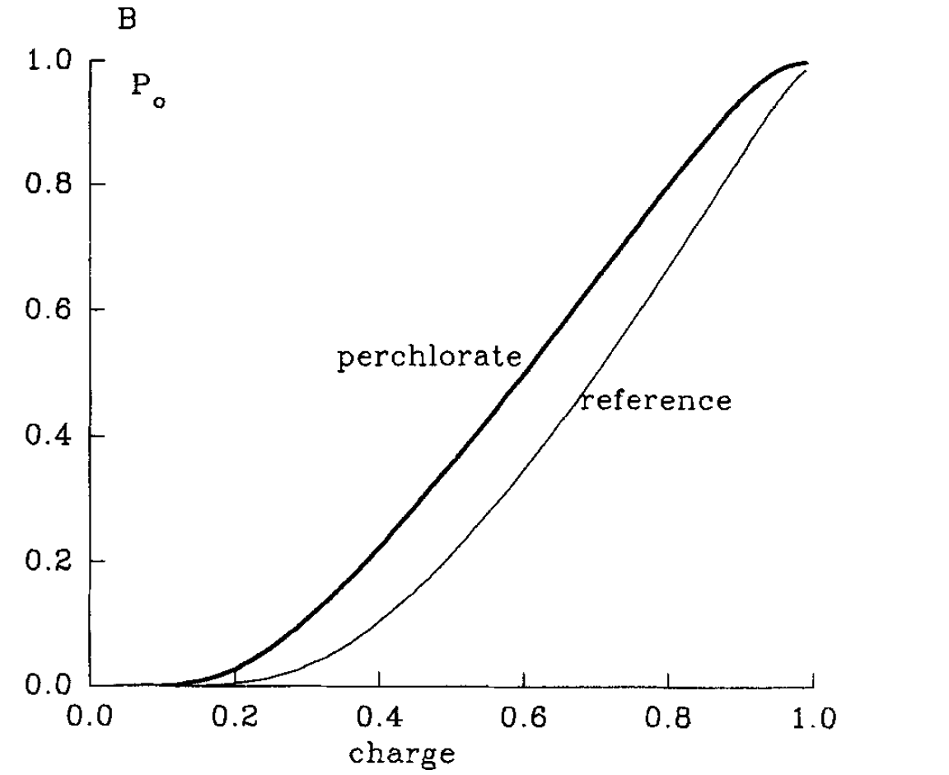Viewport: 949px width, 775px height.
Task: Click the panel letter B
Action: (x=127, y=19)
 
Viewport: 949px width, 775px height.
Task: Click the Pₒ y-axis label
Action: (x=146, y=88)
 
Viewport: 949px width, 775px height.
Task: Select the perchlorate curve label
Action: (x=428, y=359)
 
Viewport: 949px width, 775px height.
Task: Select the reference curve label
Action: (x=655, y=402)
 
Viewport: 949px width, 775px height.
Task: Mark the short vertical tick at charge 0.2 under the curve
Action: (x=235, y=677)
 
